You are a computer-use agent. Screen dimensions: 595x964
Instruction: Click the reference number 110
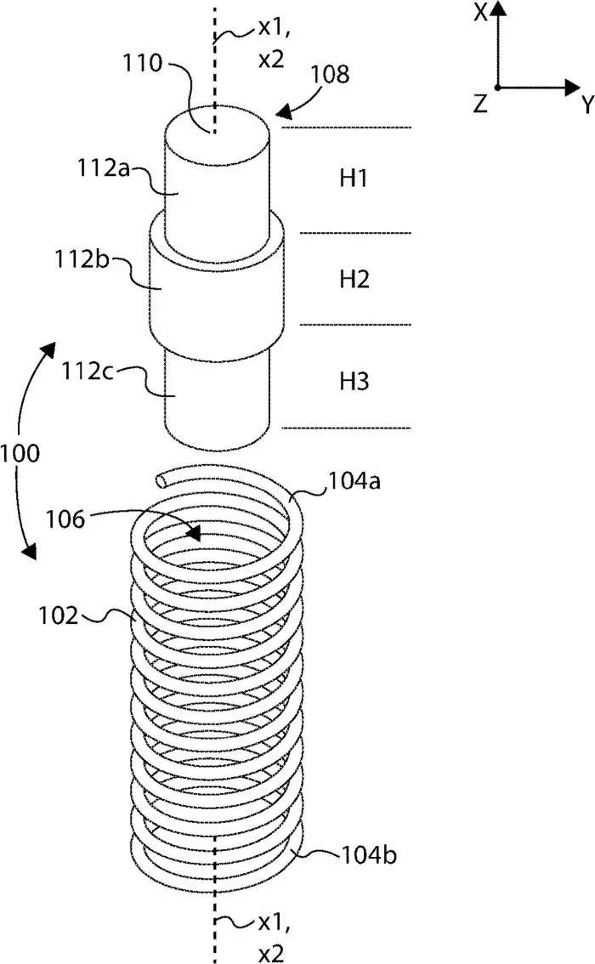click(143, 63)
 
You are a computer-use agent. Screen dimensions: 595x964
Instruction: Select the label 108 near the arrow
click(330, 74)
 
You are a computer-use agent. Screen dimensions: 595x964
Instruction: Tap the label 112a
click(104, 167)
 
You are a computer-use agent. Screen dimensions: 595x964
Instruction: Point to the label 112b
click(82, 259)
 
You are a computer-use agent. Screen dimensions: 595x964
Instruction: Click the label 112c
click(88, 371)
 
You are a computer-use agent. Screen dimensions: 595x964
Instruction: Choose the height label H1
click(354, 179)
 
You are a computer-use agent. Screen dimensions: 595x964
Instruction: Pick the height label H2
click(354, 280)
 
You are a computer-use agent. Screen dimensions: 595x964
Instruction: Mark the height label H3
click(354, 381)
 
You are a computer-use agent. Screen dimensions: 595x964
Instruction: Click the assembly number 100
click(20, 454)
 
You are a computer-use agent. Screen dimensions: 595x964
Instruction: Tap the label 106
click(65, 519)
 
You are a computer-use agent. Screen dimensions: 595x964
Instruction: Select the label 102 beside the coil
click(59, 615)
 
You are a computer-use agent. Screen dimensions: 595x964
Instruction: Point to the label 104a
click(354, 481)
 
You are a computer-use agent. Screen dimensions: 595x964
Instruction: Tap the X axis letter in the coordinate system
click(480, 12)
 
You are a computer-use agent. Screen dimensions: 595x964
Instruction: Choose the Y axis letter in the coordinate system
click(587, 105)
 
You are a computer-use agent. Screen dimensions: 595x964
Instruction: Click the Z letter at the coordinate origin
click(480, 105)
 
